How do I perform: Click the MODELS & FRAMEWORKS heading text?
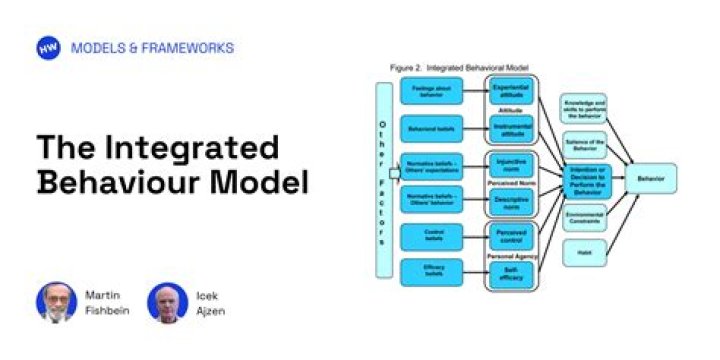pyautogui.click(x=152, y=48)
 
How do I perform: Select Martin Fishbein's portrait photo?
pyautogui.click(x=56, y=303)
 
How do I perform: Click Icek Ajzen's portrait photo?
pyautogui.click(x=167, y=303)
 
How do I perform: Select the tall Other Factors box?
pyautogui.click(x=380, y=180)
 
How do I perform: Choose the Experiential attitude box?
pyautogui.click(x=512, y=92)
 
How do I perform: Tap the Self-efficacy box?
pyautogui.click(x=512, y=271)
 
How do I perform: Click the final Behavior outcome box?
pyautogui.click(x=650, y=179)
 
